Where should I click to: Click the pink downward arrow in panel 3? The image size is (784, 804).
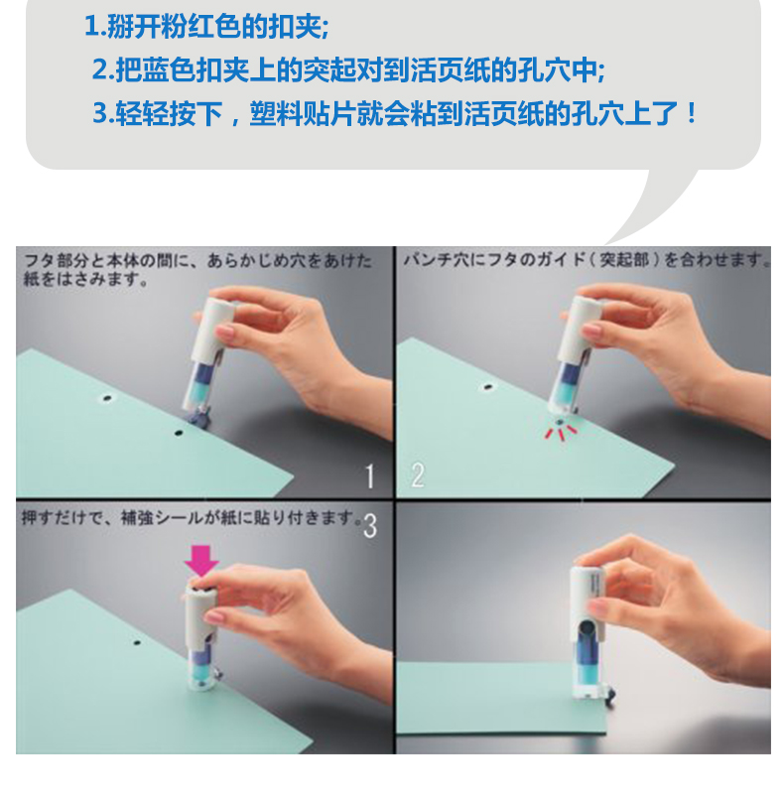click(x=201, y=561)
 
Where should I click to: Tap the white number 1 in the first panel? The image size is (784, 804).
click(x=370, y=476)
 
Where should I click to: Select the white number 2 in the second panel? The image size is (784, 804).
click(x=418, y=474)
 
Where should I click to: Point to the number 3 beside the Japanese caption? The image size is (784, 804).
click(x=370, y=526)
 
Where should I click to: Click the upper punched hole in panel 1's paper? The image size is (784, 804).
click(x=107, y=397)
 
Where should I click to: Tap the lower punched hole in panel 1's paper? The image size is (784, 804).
click(x=178, y=434)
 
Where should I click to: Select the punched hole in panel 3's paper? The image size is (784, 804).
click(x=136, y=642)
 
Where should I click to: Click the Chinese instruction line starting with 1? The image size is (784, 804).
click(x=206, y=26)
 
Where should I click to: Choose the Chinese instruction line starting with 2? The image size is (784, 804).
click(x=348, y=68)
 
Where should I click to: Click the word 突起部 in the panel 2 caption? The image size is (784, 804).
click(x=624, y=260)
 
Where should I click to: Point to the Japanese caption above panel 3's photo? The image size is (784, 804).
click(x=191, y=517)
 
